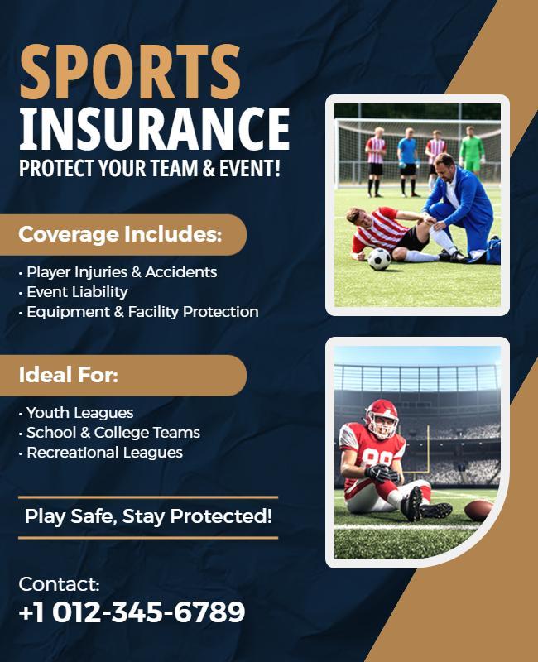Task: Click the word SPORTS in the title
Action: pyautogui.click(x=130, y=72)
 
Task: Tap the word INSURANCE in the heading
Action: pyautogui.click(x=154, y=128)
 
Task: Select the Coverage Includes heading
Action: pyautogui.click(x=120, y=235)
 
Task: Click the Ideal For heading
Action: pyautogui.click(x=69, y=376)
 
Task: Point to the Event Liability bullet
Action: pyautogui.click(x=76, y=292)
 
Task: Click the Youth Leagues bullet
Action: pyautogui.click(x=79, y=413)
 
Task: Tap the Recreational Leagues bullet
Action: pyautogui.click(x=103, y=453)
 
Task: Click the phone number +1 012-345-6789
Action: pyautogui.click(x=132, y=613)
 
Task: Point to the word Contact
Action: pyautogui.click(x=59, y=584)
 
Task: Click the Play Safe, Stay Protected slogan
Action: pyautogui.click(x=148, y=517)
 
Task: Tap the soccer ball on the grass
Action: pyautogui.click(x=379, y=259)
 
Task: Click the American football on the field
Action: pyautogui.click(x=478, y=510)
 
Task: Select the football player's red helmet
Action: pyautogui.click(x=382, y=416)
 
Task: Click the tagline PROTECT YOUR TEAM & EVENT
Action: pyautogui.click(x=150, y=168)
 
